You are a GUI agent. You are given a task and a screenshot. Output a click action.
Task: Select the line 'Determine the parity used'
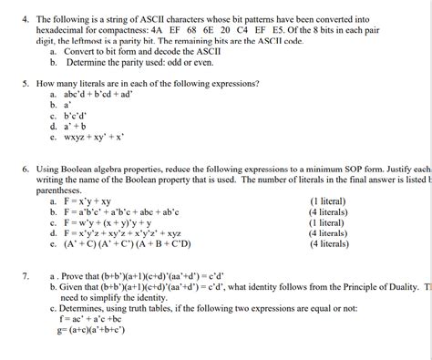pyautogui.click(x=137, y=64)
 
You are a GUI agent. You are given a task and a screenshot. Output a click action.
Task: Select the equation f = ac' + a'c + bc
pyautogui.click(x=90, y=320)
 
